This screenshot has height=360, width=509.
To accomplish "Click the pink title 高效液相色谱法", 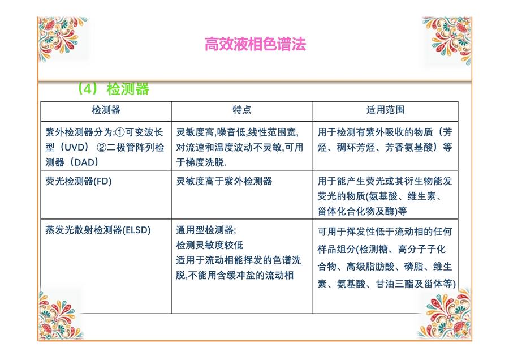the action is (x=255, y=44).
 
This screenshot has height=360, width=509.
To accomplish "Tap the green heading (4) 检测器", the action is (x=113, y=88).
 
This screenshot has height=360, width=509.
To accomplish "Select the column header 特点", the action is (x=242, y=110).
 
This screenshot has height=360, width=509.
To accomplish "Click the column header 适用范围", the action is (x=385, y=110).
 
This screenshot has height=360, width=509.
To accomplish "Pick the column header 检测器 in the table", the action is (x=106, y=110).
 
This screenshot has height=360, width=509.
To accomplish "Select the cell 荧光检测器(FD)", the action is (x=79, y=181).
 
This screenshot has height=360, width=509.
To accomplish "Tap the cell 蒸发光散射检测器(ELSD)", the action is (x=98, y=230).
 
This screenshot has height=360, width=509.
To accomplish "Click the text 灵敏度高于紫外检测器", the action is (x=224, y=181).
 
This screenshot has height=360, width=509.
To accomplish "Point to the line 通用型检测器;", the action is (x=206, y=230).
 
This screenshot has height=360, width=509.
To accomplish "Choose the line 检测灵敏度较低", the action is (x=210, y=245).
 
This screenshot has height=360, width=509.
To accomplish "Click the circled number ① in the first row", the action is (x=120, y=132).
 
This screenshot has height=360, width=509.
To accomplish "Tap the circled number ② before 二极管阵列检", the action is (x=102, y=147).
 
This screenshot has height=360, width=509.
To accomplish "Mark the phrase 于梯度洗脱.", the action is (x=201, y=162).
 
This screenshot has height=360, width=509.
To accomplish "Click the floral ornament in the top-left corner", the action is (x=62, y=38).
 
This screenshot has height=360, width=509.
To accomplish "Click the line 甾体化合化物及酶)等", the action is (x=363, y=211).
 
